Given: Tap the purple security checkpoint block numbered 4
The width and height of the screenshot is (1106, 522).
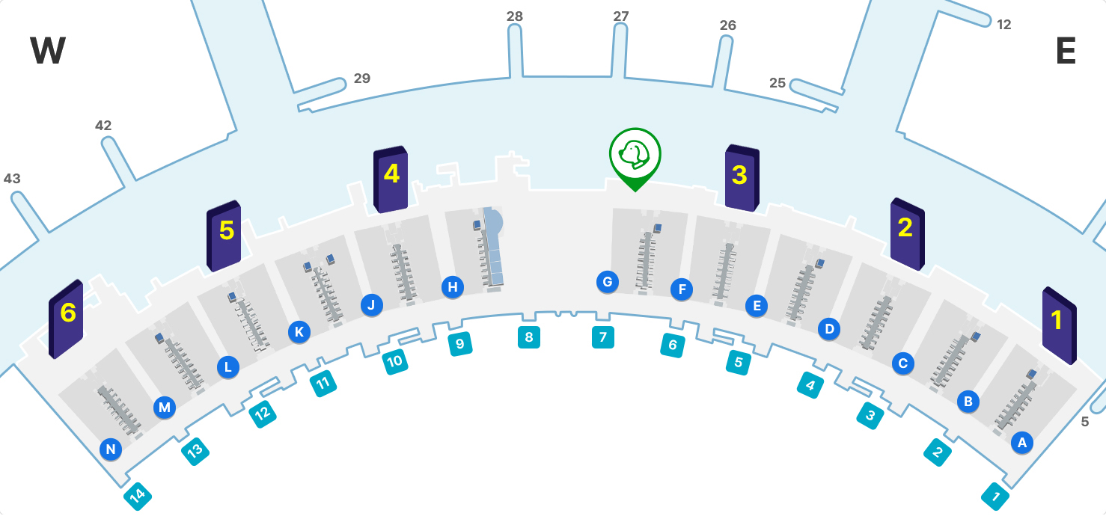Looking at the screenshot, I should click(391, 179).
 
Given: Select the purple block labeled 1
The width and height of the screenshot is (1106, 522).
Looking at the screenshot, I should click(1058, 325).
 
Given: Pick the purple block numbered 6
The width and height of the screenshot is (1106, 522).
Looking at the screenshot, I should click(66, 318).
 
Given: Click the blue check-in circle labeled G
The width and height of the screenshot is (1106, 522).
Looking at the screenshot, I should click(608, 282).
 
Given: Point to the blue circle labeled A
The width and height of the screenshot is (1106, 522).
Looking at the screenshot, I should click(1021, 443).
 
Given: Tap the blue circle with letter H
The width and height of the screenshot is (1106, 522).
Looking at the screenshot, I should click(453, 286).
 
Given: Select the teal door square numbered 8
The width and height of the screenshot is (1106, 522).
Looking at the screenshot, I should click(529, 337).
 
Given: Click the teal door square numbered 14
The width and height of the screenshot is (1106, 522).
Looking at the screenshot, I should click(137, 495).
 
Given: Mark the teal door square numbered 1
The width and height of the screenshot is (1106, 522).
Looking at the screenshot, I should click(995, 496).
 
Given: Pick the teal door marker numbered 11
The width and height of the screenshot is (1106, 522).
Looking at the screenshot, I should click(323, 384).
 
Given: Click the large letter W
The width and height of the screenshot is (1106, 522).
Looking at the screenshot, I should click(48, 52).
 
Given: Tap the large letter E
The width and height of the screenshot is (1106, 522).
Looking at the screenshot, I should click(1066, 52).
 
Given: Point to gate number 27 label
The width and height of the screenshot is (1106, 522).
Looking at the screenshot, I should click(621, 16).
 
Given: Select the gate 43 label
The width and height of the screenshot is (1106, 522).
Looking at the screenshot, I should click(12, 179).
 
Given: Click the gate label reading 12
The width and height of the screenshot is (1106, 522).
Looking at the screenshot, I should click(1004, 25).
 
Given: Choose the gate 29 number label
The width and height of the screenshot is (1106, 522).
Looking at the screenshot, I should click(362, 79).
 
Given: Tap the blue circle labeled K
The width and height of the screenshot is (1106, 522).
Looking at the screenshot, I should click(299, 332).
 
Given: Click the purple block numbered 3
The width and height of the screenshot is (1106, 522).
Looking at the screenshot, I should click(742, 177).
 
